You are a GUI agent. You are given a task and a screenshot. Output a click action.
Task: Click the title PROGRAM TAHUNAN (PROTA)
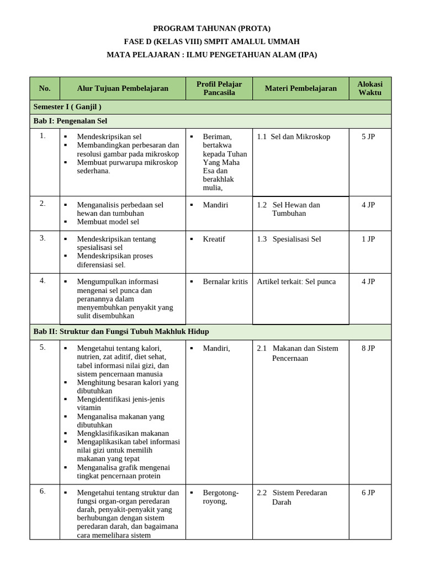point(212,28)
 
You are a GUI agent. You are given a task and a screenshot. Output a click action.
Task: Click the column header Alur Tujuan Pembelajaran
point(123,88)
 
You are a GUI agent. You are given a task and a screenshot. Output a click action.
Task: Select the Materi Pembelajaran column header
point(300,88)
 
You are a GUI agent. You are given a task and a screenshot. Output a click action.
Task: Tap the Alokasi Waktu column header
point(369,88)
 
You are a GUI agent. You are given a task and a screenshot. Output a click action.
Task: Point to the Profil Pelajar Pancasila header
point(219,88)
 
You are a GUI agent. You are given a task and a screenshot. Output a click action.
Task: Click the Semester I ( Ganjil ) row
point(67,106)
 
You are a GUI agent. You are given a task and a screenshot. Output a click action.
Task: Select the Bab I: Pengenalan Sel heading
point(70,121)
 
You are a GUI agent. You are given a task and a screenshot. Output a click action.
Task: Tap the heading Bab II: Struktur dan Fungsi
point(121,332)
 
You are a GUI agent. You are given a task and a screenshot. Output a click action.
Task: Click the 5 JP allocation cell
point(368,137)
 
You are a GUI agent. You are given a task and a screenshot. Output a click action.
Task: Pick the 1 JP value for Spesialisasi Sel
point(368,239)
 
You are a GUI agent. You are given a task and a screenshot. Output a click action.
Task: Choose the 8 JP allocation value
point(368,348)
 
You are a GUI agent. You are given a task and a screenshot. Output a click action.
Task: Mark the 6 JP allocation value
point(368,493)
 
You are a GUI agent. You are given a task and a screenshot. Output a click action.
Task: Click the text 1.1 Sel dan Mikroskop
point(294,137)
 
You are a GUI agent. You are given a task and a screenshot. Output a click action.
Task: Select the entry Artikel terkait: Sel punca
point(296,281)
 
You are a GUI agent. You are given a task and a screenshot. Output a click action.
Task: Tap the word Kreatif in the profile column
point(214,239)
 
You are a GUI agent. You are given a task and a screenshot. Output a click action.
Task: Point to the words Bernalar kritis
point(225,281)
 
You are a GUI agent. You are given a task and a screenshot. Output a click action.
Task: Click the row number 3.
point(43,238)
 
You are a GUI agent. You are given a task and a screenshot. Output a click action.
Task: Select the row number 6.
point(43,492)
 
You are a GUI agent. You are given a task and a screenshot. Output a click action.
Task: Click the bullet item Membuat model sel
point(108,222)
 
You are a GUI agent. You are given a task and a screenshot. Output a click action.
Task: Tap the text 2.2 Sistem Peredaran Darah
point(293,497)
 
